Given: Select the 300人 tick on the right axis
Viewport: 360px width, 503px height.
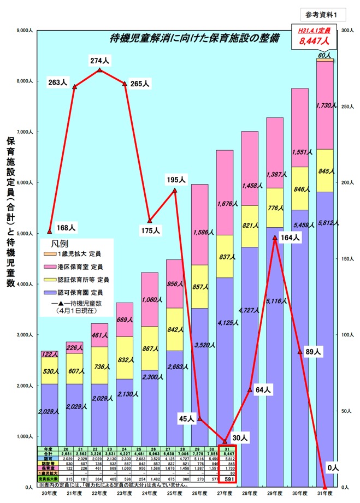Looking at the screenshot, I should (x=346, y=31).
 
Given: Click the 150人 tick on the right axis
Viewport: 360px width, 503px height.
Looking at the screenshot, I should (x=346, y=259).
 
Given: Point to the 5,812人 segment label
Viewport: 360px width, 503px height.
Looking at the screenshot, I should (x=327, y=223).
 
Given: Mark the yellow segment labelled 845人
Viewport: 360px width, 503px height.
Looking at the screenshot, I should (x=326, y=170).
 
